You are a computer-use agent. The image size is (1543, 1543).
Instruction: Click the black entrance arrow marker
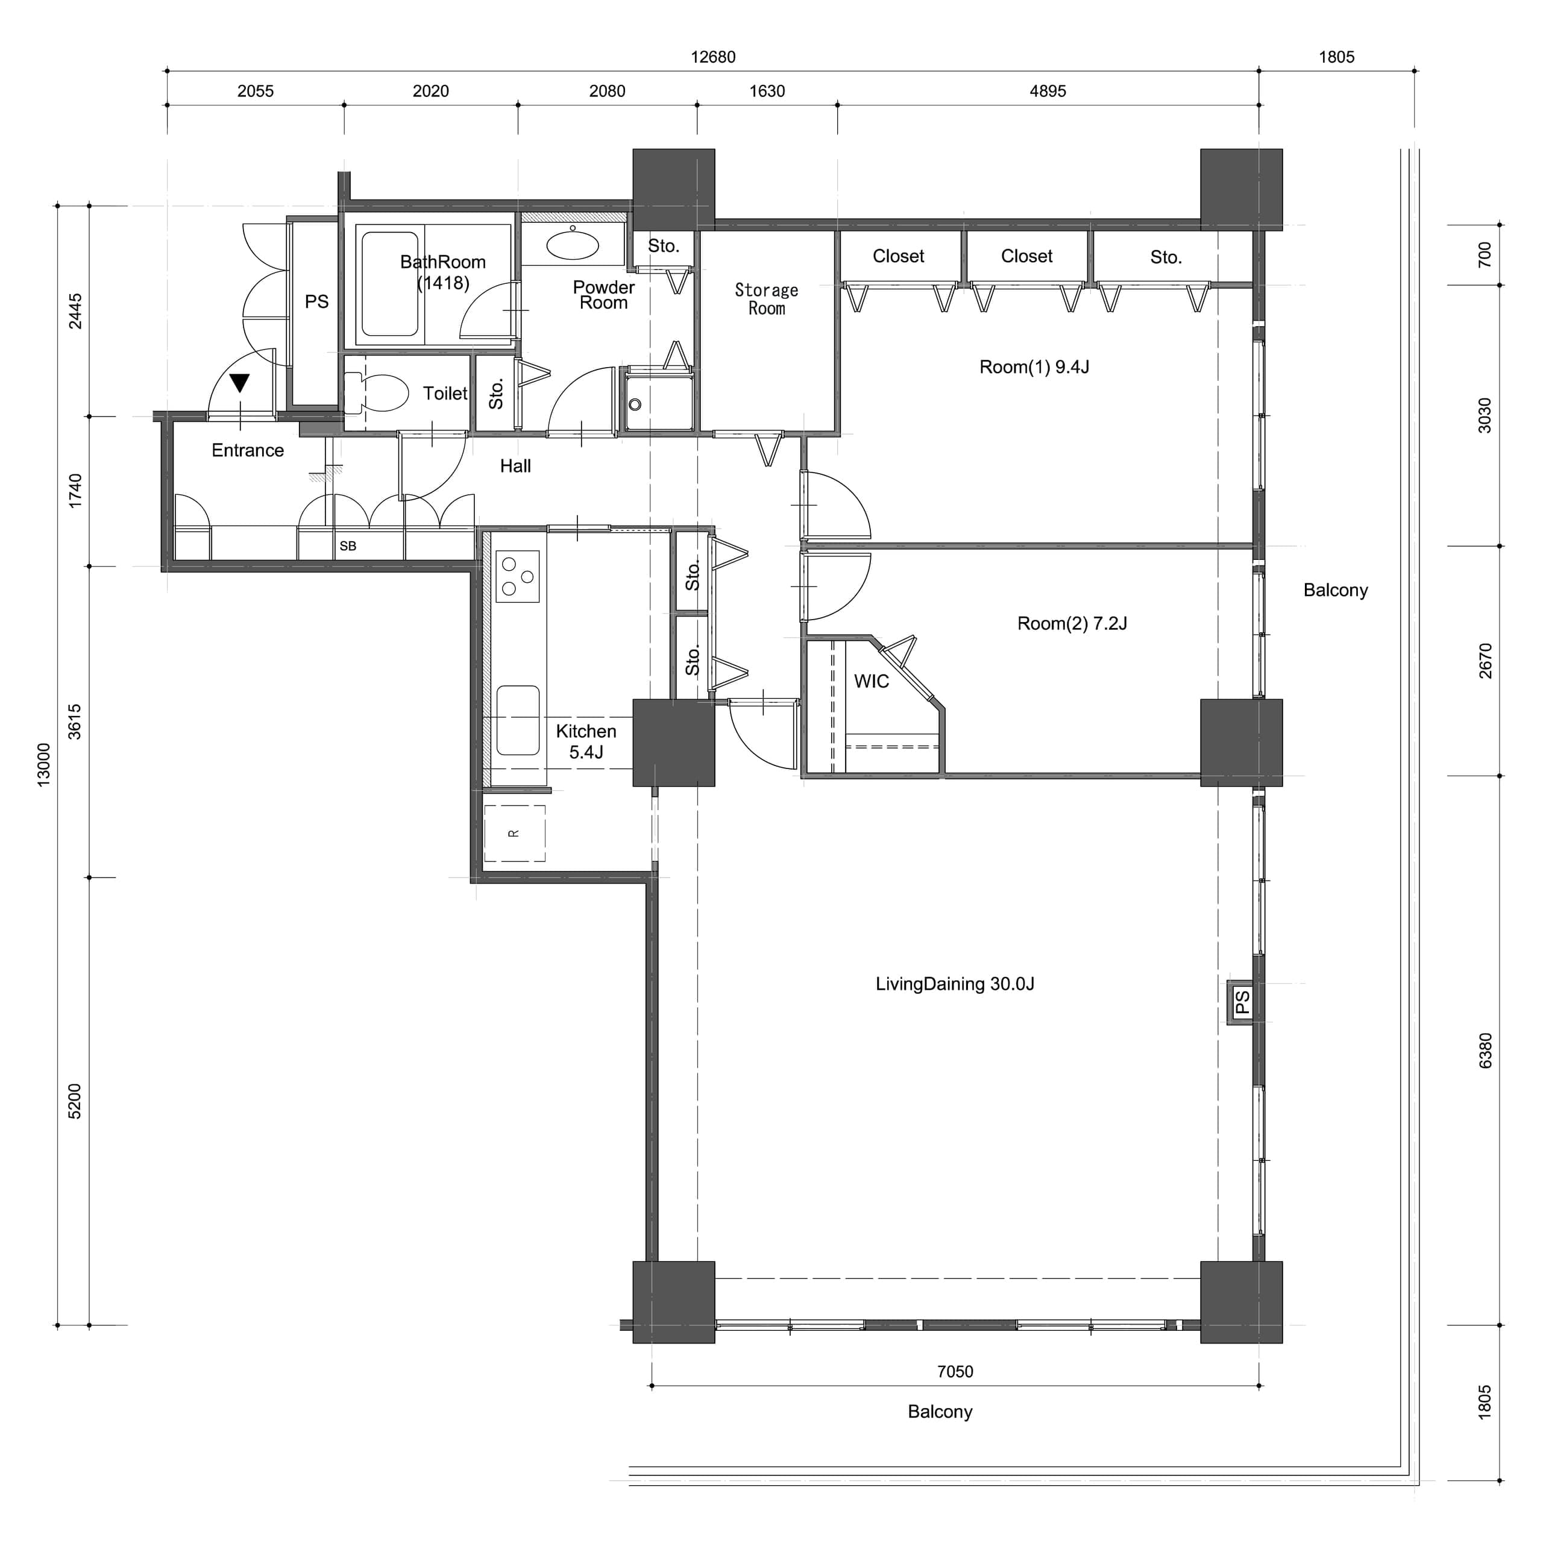240,383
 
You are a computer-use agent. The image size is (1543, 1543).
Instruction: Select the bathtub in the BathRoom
390,284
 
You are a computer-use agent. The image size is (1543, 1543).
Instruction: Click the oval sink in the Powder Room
573,245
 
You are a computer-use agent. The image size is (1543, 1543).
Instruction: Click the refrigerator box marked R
514,833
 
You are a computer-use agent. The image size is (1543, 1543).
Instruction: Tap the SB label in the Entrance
348,546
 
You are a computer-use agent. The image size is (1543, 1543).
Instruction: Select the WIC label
872,681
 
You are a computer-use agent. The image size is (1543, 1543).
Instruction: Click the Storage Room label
767,299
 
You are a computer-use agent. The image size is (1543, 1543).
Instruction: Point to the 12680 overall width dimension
713,57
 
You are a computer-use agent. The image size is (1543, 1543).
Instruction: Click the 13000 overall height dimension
44,764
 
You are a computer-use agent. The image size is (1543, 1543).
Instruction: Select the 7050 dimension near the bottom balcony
955,1371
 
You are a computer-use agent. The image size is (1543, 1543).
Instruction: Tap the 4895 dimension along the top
1048,91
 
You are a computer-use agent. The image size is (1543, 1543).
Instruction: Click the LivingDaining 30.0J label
955,984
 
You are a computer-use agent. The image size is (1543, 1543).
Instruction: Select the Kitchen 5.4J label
586,741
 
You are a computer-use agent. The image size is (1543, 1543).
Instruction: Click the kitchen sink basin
518,720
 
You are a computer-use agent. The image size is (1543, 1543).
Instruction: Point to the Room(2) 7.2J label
1072,623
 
